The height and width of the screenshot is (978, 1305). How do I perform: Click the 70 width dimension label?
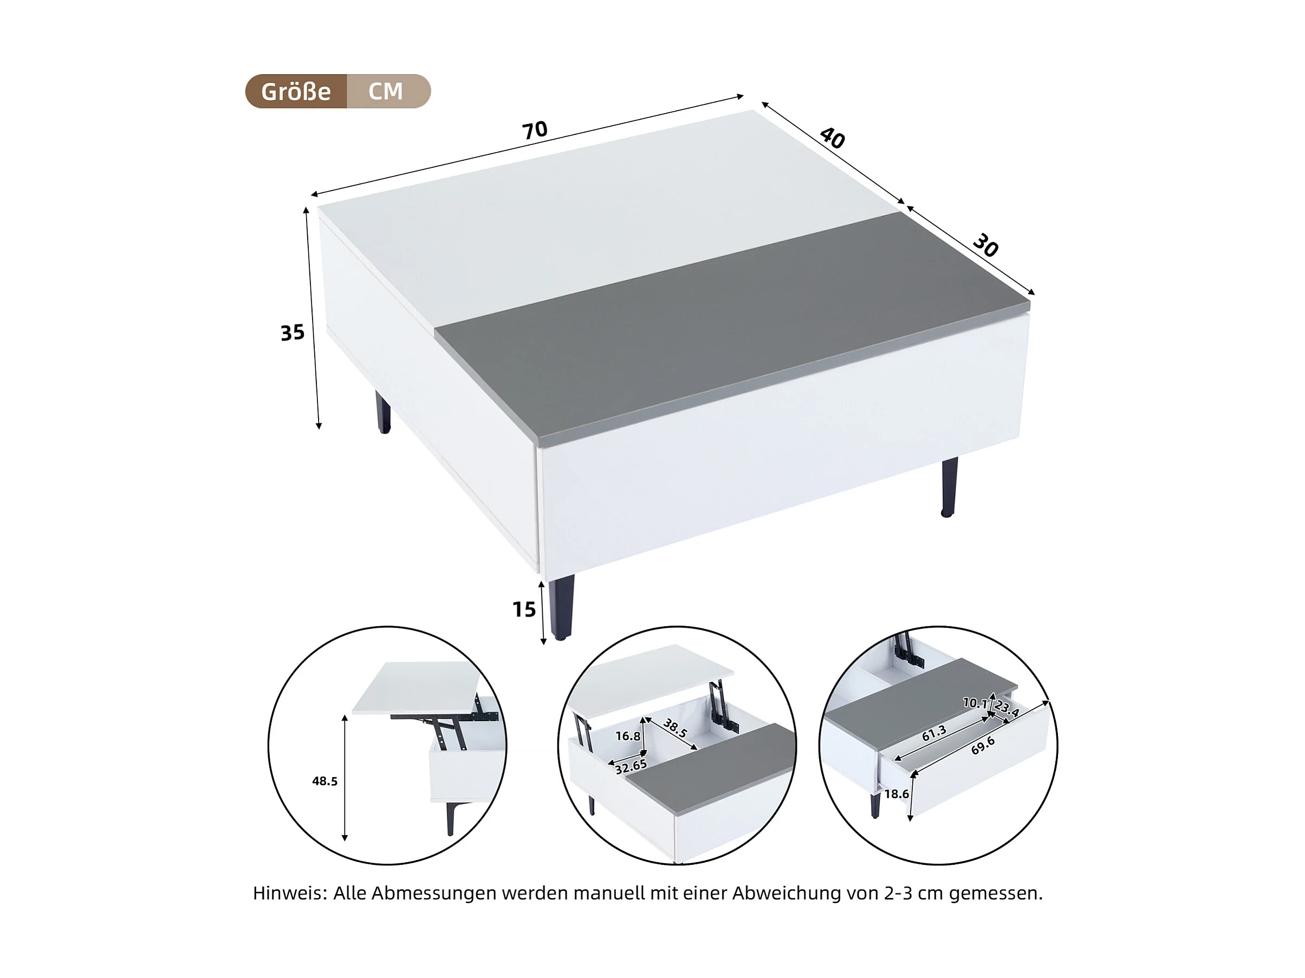point(535,131)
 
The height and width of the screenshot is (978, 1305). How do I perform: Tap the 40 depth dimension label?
point(833,138)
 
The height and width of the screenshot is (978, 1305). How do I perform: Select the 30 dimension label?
point(985,245)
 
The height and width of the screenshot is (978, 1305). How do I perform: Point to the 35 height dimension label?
point(293,332)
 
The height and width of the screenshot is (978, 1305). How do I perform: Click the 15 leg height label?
point(524,609)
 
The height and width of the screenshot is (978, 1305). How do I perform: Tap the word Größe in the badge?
point(296,92)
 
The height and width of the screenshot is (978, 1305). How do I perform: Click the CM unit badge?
point(386,92)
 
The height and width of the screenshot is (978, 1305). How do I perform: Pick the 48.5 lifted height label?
point(324,781)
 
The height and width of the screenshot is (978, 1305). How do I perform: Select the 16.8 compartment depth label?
point(628,735)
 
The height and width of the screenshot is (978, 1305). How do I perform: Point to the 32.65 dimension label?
point(631,766)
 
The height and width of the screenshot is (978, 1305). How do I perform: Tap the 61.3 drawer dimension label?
point(934,733)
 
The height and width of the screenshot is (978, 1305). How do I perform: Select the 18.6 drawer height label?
point(896,794)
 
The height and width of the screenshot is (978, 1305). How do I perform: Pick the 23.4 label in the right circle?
point(1007,708)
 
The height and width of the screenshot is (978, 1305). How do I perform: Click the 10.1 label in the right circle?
point(975,702)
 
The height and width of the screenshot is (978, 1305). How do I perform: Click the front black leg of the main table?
point(561,608)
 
